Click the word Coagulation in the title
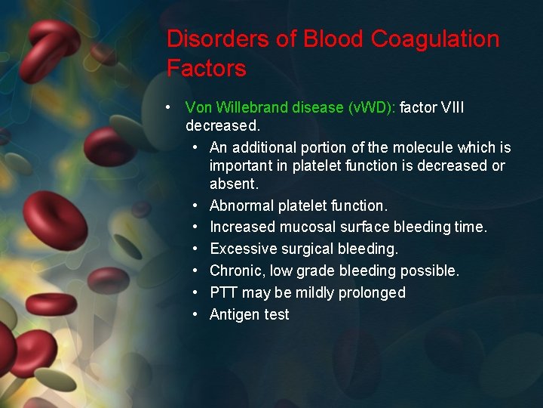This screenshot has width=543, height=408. [437, 39]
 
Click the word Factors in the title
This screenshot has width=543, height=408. [207, 69]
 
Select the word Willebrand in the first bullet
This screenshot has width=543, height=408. [253, 108]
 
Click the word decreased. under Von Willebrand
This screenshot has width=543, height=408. [222, 125]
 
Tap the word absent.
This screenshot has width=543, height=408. [234, 184]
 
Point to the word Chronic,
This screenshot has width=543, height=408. [236, 270]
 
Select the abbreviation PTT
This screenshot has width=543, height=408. [223, 292]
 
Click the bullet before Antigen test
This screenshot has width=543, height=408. [195, 314]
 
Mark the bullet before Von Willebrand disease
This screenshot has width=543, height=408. [172, 108]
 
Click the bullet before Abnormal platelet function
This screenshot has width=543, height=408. [195, 206]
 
